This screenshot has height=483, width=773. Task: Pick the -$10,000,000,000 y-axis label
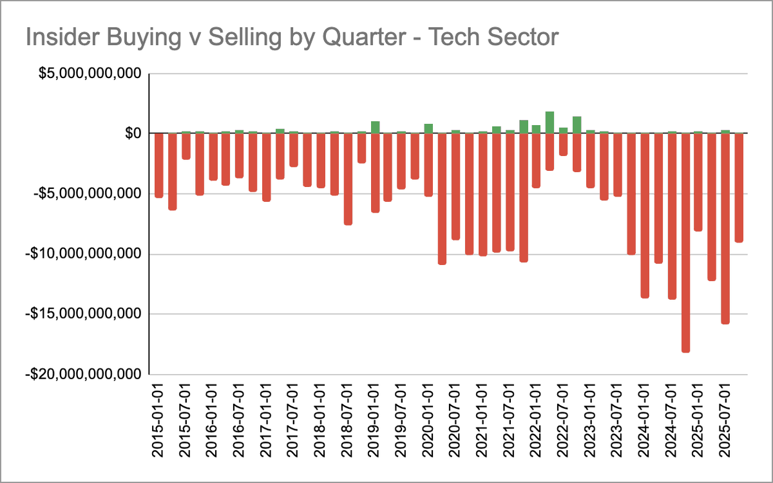tap(82, 254)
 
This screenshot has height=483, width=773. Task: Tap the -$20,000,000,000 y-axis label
tap(82, 374)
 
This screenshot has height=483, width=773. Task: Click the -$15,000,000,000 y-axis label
tap(82, 314)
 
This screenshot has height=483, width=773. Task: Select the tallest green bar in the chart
tap(549, 122)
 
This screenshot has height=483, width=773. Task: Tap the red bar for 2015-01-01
tap(159, 165)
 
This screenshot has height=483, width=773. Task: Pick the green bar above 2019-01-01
tap(375, 127)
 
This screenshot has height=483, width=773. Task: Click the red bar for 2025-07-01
tap(725, 228)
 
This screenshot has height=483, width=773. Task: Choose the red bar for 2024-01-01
tap(645, 215)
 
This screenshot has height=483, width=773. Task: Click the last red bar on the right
tap(739, 188)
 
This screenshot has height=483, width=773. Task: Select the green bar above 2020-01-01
tap(428, 128)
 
